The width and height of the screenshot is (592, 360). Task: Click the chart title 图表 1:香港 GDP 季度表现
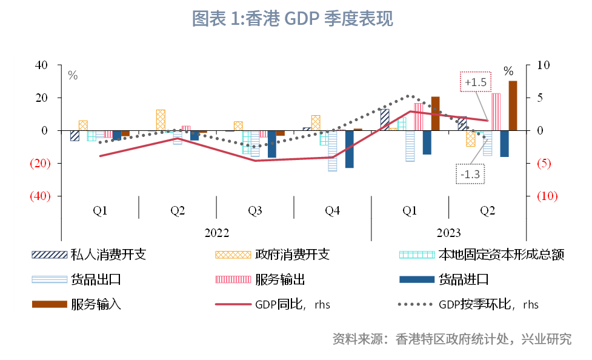pos(292,19)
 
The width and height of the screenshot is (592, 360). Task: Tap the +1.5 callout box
pos(476,82)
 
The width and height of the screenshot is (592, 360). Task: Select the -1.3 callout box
pos(470,175)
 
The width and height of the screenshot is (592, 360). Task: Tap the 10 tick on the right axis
pos(543,65)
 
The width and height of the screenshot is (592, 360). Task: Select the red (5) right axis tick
pos(544,163)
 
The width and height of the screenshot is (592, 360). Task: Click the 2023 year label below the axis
pos(448,233)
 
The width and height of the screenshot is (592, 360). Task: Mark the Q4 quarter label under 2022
pos(332,211)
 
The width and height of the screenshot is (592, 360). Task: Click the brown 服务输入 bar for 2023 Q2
pos(513,105)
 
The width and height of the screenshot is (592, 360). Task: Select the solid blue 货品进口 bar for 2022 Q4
pos(349,149)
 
